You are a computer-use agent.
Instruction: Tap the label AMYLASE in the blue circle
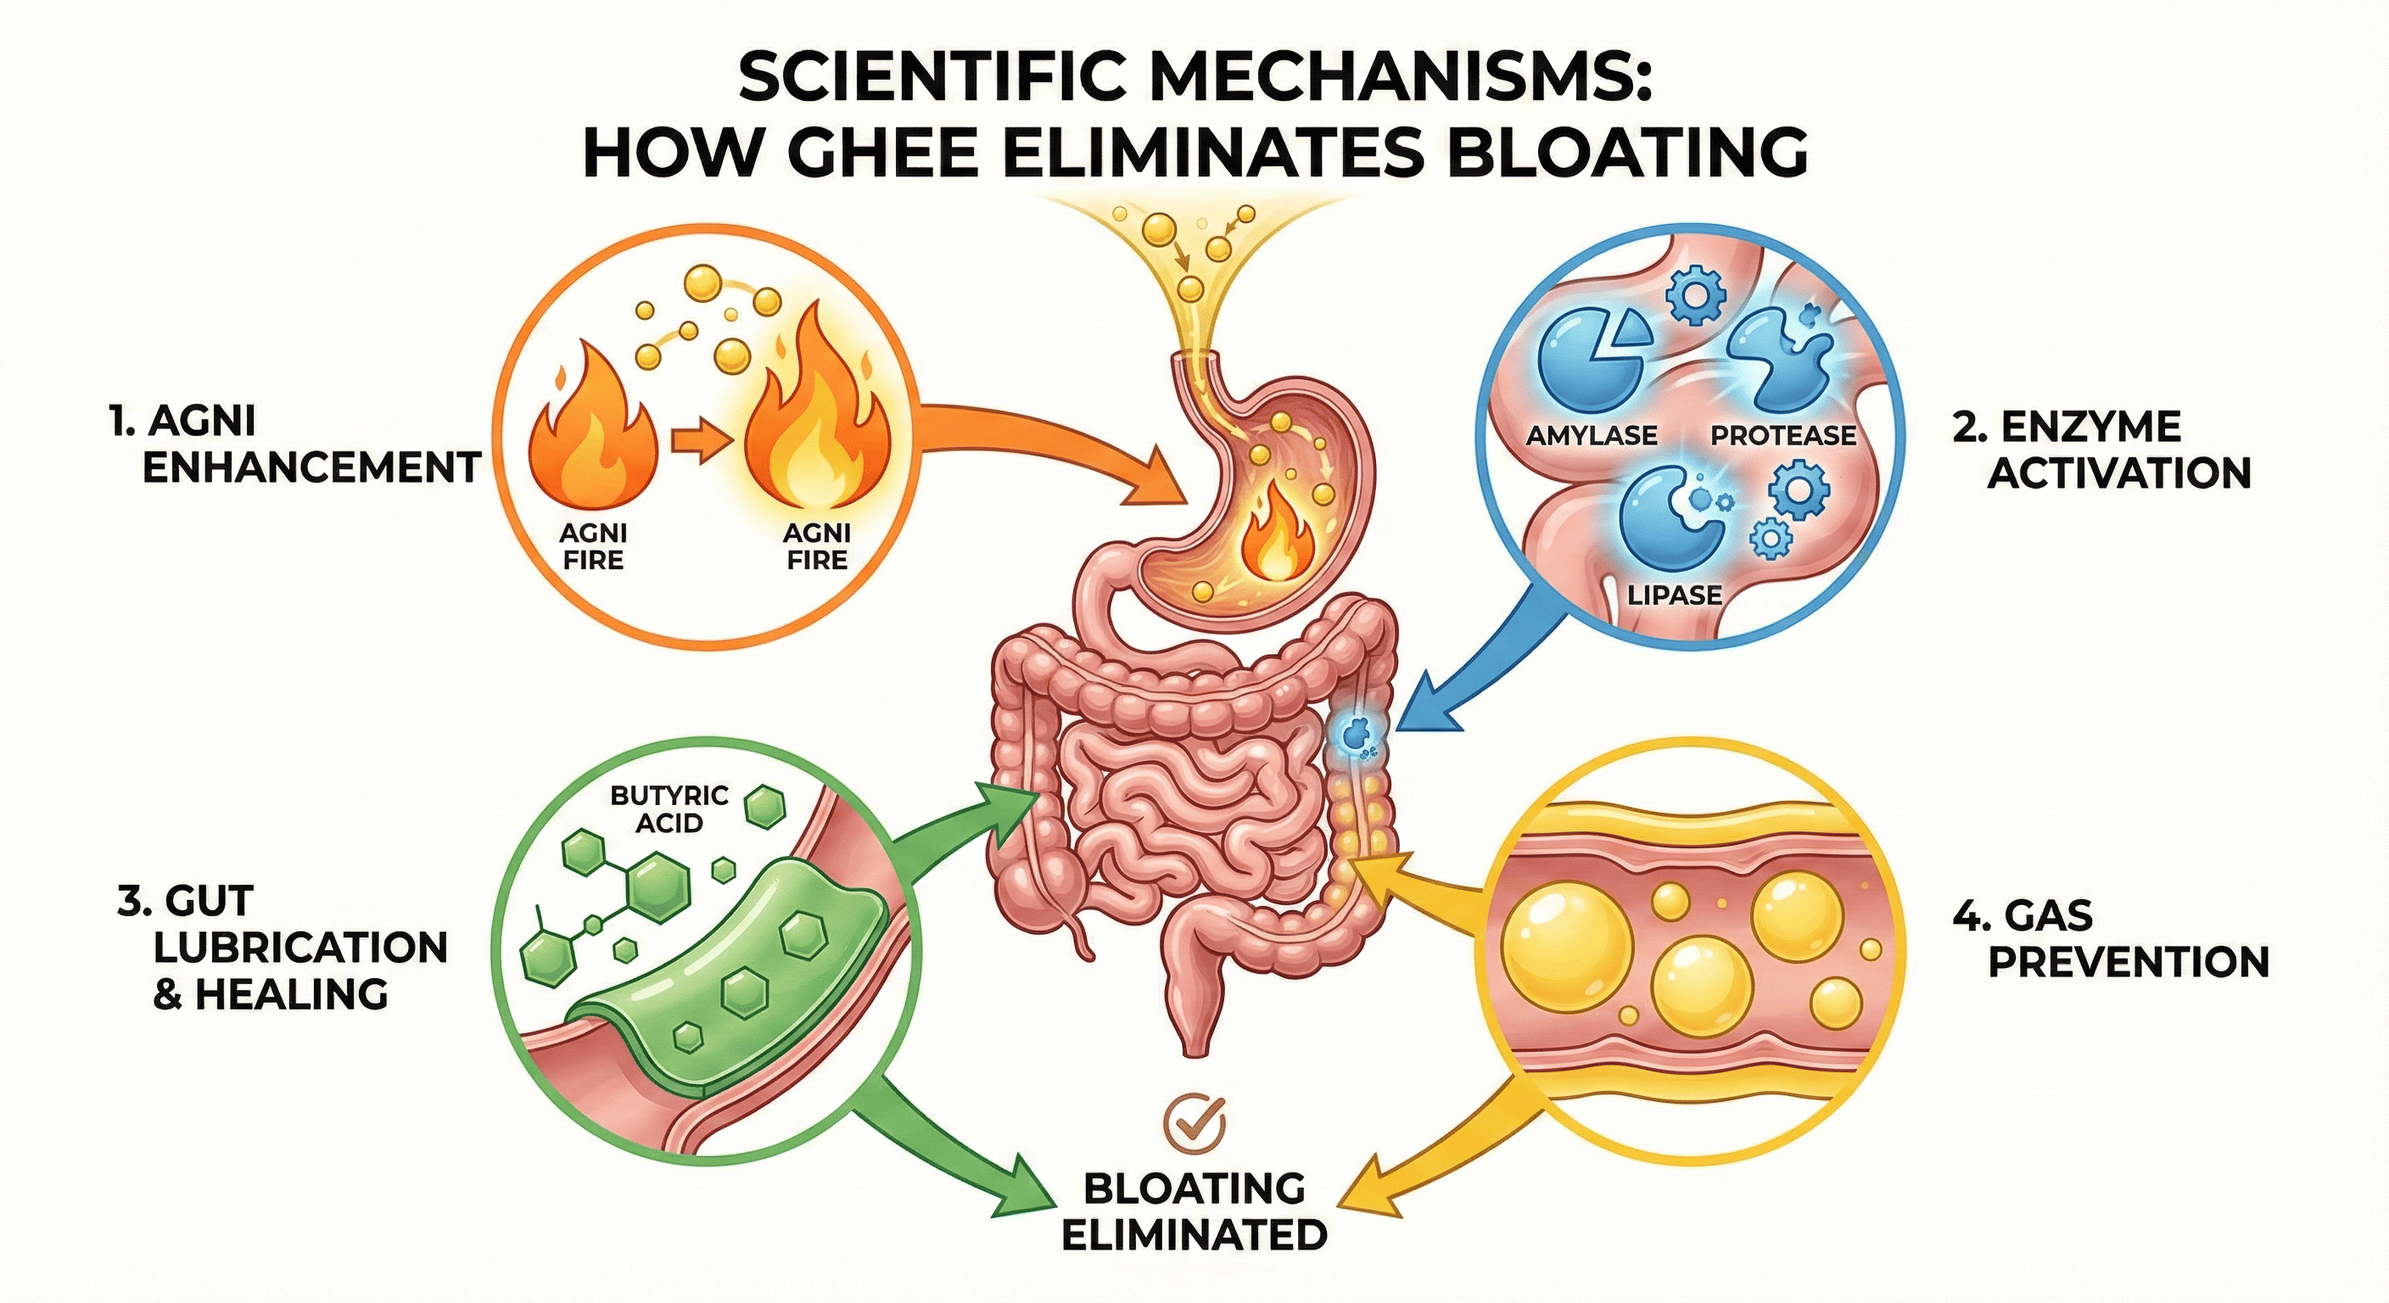(1592, 434)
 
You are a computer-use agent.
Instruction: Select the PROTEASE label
(1782, 434)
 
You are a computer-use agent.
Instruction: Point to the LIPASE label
(1675, 595)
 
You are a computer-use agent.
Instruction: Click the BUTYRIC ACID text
(669, 808)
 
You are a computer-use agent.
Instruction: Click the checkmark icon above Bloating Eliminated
(1194, 1124)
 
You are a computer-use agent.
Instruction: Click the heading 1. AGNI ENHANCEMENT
(293, 445)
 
